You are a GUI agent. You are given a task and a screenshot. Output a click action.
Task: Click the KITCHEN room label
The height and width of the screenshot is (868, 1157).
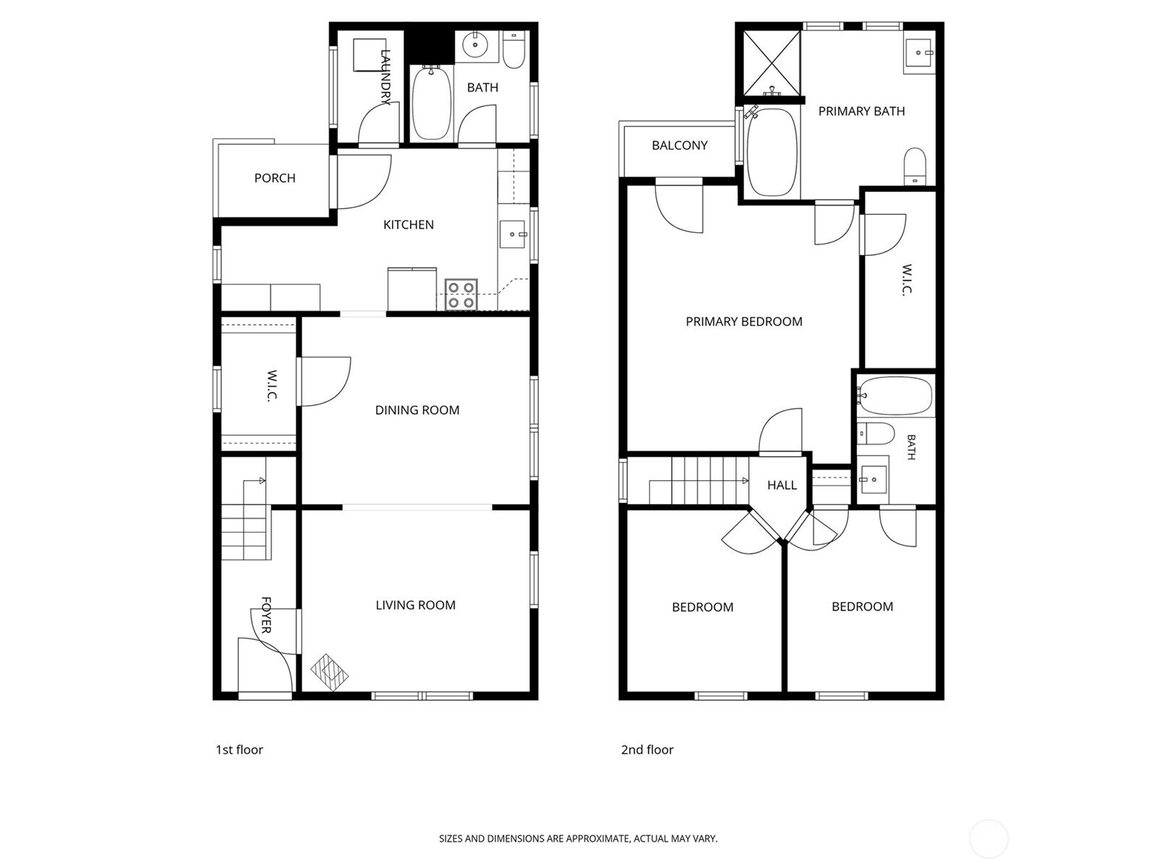pos(409,225)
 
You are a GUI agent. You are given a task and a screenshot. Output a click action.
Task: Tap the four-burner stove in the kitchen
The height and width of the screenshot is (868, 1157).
pos(461,294)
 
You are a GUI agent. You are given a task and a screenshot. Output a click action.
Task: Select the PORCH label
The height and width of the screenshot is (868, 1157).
pos(275,178)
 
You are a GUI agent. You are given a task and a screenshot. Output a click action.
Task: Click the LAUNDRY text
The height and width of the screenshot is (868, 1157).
pos(385,77)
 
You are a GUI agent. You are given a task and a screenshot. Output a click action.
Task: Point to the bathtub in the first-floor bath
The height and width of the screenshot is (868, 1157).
pos(432,103)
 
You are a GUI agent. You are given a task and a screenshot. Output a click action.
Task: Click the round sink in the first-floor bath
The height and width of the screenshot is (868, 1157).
pos(476,46)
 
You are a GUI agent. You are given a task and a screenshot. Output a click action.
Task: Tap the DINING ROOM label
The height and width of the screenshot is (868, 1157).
pos(417,410)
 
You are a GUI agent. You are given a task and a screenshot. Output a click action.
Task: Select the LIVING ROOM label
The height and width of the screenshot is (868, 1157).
pos(415,605)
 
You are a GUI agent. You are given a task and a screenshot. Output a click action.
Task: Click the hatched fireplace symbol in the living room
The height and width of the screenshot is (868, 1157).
pos(330,673)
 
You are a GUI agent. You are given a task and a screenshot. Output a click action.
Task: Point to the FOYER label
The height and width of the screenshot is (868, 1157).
pos(266,615)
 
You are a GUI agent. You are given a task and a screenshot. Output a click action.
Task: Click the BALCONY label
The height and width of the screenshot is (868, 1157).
pos(680,145)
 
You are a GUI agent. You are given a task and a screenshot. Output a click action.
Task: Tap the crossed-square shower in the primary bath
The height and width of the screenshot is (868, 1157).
pos(772,63)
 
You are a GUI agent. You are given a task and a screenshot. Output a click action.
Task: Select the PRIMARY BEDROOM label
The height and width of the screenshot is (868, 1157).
pos(744,321)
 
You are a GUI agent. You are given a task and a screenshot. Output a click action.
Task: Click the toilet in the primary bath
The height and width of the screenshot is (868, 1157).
pos(915,166)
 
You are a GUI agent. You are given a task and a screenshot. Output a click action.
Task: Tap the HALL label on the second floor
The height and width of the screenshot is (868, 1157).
pos(782,485)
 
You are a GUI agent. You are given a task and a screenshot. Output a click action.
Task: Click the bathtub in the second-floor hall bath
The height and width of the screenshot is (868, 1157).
pos(895,396)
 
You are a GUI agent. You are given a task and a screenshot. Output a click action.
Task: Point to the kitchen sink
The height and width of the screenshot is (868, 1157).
pos(513,234)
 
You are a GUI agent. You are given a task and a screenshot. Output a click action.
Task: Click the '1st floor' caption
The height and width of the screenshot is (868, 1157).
pos(239,749)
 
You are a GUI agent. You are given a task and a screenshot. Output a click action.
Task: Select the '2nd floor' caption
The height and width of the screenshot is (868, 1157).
pos(647,749)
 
